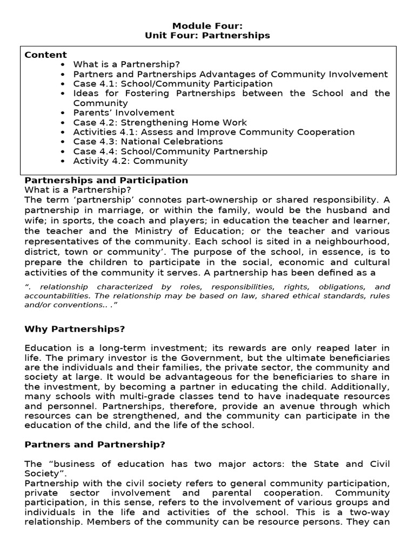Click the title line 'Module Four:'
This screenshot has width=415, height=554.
[x=207, y=25]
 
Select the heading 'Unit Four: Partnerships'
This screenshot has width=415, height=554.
[x=207, y=35]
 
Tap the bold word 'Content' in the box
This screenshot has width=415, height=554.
[x=45, y=55]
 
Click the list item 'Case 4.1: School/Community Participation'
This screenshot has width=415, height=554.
[x=173, y=84]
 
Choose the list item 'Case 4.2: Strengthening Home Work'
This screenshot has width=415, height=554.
[x=160, y=123]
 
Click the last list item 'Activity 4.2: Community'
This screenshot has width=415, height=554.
[x=130, y=161]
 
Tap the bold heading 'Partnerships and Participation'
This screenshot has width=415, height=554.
[x=106, y=180]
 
